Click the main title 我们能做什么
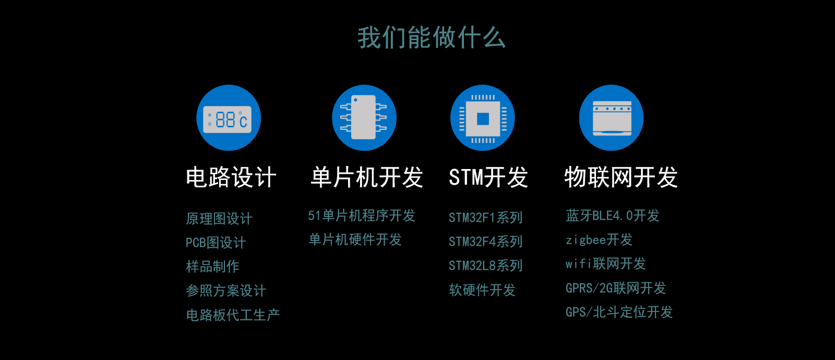coord(432,38)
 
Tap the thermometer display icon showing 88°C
coord(229,118)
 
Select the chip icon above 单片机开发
coord(364,118)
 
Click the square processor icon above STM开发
coord(483,118)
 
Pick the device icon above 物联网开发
coord(611,118)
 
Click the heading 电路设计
coord(231,177)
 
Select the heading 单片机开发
coord(367,177)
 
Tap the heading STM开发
coord(488,177)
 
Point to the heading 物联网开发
coord(621,177)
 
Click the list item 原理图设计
coord(219,219)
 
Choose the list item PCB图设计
coord(216,243)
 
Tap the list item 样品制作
coord(212,267)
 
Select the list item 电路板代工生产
coord(233,315)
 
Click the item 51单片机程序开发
coord(361,216)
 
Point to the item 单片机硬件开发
coord(355,239)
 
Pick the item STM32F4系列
coord(485,242)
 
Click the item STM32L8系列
coord(485,266)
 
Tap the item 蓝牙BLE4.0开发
coord(613,216)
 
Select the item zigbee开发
coord(599,239)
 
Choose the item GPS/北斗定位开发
coord(619,312)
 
